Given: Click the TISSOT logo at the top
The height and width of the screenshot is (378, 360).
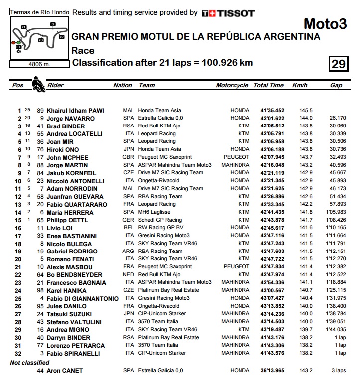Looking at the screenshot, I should [228, 13].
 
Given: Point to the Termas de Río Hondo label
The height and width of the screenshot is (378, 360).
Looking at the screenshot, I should [39, 12].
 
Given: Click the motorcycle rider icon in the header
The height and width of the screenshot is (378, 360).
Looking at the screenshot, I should [37, 84].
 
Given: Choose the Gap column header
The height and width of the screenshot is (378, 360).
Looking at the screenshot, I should [336, 85].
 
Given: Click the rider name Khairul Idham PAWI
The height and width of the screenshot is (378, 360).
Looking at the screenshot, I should [75, 111].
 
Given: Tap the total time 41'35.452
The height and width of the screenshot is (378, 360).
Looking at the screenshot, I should [272, 111].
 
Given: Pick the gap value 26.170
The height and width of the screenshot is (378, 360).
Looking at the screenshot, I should [337, 118].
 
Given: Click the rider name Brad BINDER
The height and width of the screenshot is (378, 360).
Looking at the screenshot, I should [66, 126].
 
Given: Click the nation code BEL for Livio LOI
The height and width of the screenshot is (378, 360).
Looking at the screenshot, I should [128, 228].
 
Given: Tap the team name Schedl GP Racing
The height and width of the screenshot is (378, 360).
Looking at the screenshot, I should [160, 220].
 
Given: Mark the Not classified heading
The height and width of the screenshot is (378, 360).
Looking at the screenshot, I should [30, 363].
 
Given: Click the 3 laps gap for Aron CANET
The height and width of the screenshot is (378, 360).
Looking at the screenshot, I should [338, 371].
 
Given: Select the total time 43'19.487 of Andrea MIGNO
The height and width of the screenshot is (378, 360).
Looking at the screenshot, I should [272, 330].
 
